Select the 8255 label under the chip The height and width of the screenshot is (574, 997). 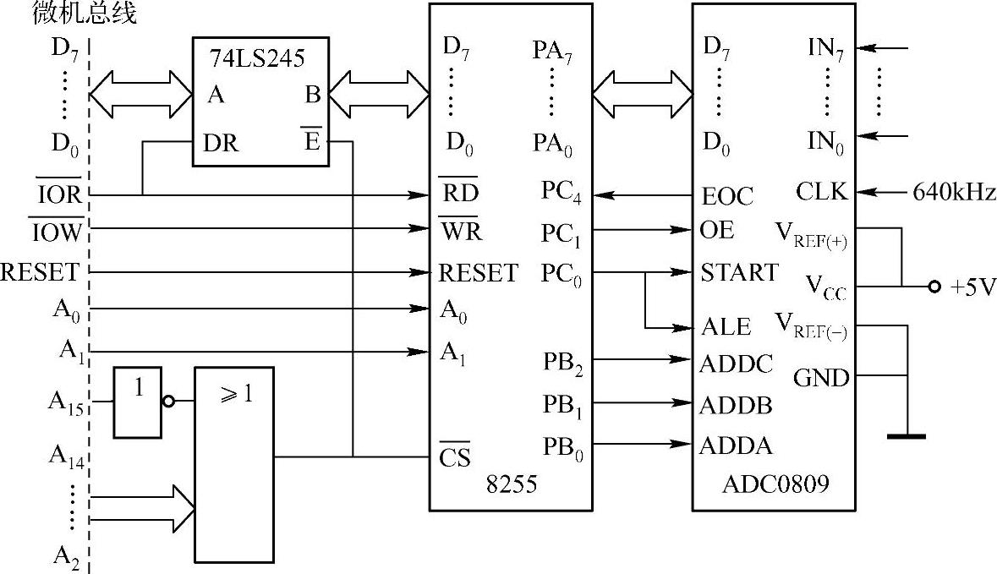(510, 484)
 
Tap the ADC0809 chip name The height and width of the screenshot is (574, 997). (775, 484)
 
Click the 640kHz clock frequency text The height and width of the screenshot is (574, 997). (954, 193)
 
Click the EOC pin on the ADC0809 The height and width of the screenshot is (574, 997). (726, 197)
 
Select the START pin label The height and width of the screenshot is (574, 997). (738, 272)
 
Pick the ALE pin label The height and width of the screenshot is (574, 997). (726, 326)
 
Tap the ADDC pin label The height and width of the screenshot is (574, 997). (736, 364)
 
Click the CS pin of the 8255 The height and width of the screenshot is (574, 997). (454, 456)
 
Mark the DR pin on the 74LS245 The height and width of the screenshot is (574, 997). (221, 144)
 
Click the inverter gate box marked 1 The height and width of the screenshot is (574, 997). (138, 402)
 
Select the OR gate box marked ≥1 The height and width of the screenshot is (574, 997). (234, 464)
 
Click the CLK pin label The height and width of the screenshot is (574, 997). (820, 192)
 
